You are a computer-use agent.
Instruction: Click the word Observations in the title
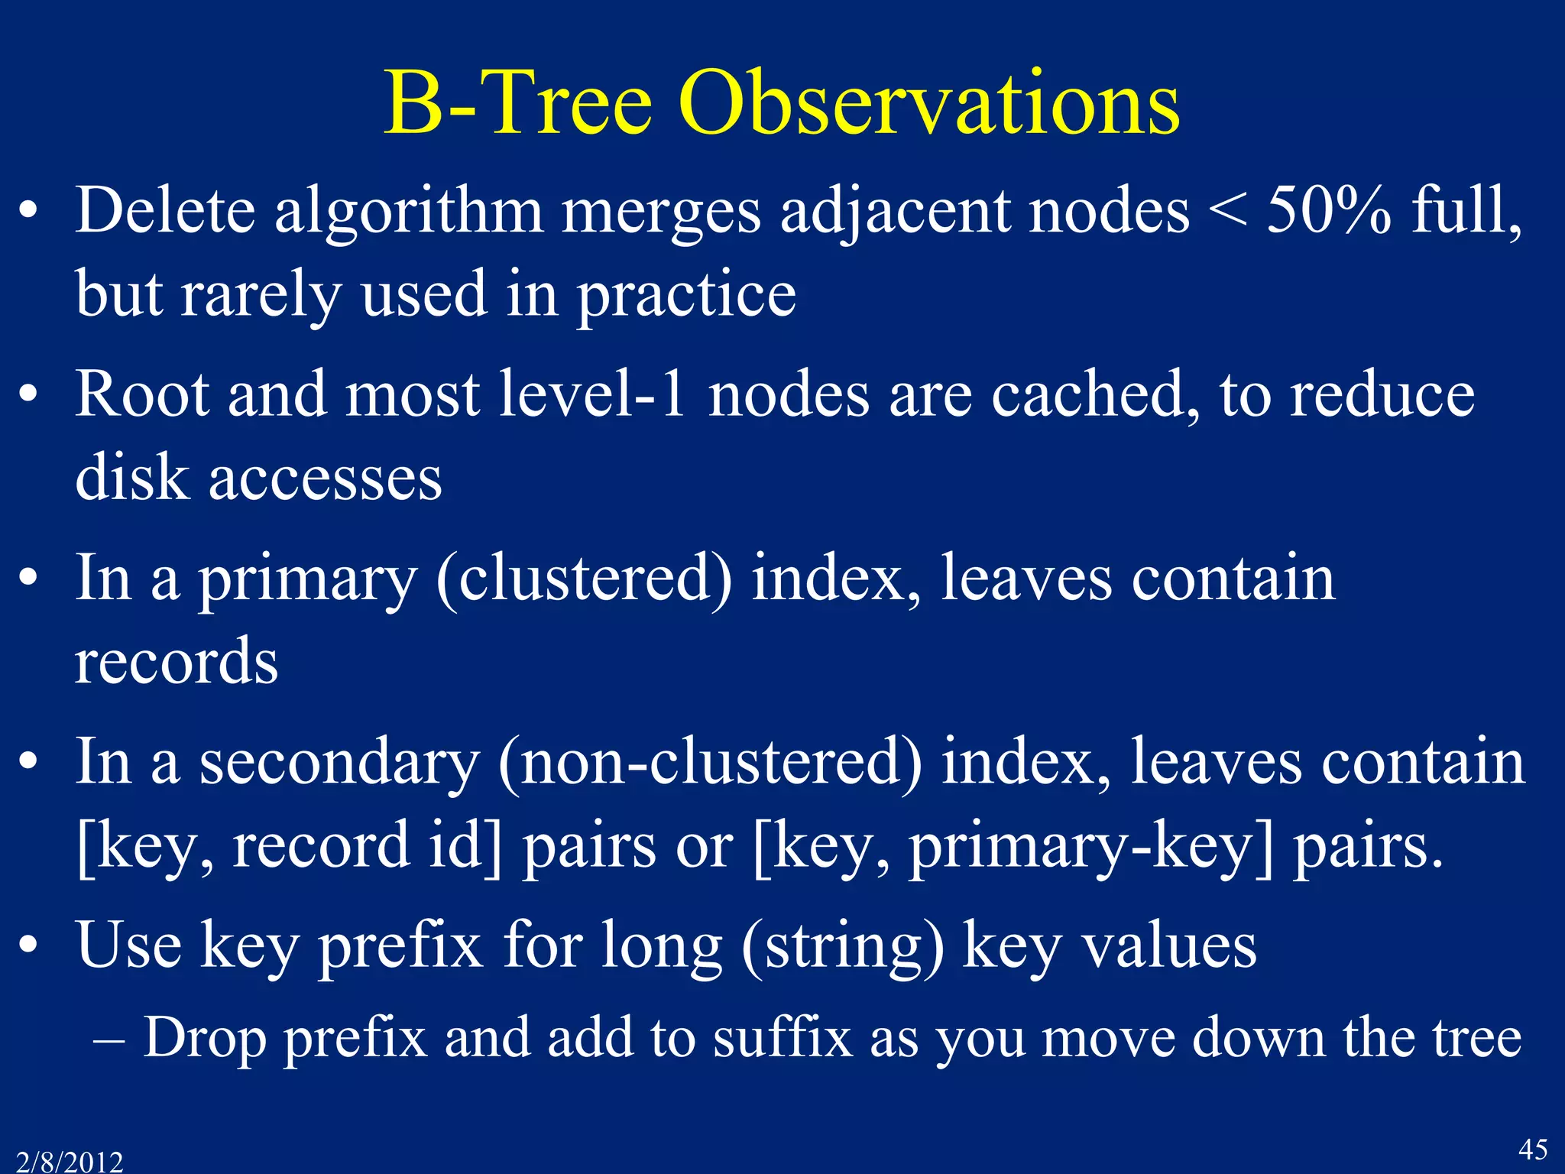click(928, 103)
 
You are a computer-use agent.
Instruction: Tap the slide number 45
click(1532, 1149)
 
